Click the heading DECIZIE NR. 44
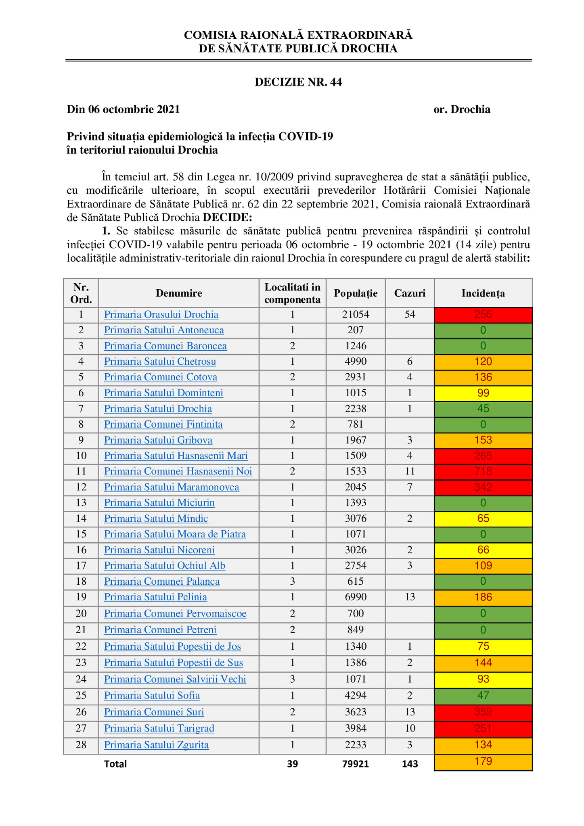[298, 82]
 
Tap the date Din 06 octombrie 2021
[123, 109]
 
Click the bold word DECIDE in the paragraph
[227, 217]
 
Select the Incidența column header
[483, 293]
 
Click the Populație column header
[356, 293]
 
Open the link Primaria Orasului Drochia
[161, 315]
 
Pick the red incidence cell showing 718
[483, 471]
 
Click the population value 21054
[356, 315]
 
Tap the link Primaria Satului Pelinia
[155, 597]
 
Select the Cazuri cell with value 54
[410, 315]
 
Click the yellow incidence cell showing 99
[483, 393]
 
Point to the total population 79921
[356, 764]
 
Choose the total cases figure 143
[410, 764]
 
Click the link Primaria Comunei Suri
[154, 712]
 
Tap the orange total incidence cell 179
[483, 761]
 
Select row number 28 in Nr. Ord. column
[81, 745]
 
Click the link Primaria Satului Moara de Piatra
[175, 534]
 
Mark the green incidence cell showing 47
[483, 695]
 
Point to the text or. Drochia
[462, 109]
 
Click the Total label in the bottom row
[115, 764]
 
